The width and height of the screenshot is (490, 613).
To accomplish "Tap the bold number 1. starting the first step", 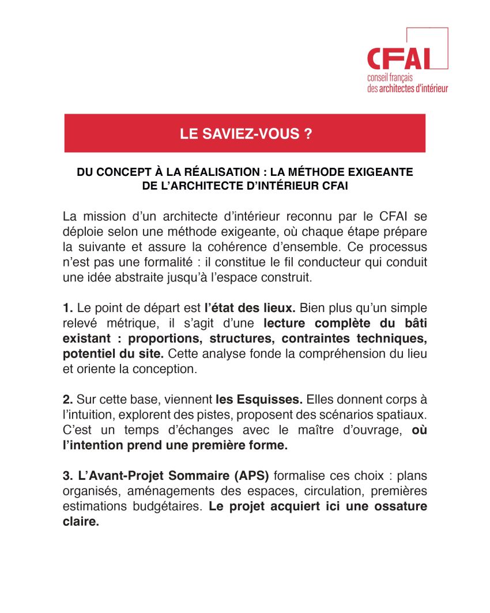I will pos(67,308).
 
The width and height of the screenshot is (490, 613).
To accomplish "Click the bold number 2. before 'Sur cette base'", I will pos(67,399).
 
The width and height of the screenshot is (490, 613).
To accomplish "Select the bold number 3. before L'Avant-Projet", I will pos(67,476).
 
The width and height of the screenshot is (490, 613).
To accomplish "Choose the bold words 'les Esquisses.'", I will pos(258,399).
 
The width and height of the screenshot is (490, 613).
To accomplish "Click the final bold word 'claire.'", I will pos(81,522).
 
